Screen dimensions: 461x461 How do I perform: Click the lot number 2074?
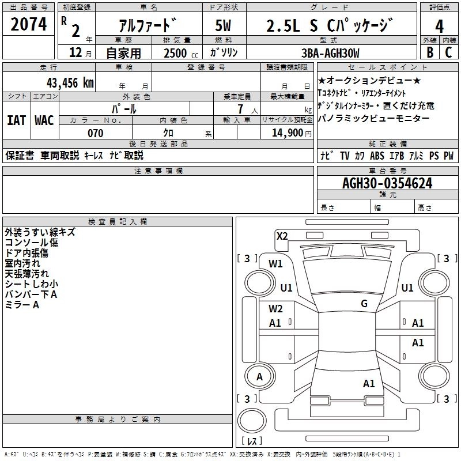[29, 25]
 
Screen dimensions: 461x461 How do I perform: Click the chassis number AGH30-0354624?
[387, 184]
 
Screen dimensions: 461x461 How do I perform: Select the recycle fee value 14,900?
[286, 133]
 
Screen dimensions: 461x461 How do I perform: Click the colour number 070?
[95, 133]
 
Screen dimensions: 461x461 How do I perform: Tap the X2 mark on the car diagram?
[282, 236]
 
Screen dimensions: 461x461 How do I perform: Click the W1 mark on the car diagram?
[276, 264]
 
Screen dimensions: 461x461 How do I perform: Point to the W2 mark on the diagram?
[275, 309]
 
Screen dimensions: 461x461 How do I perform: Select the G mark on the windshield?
[364, 304]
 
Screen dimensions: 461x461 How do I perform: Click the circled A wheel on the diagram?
[260, 377]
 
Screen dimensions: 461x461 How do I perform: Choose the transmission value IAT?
[16, 120]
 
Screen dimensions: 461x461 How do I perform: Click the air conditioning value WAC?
[44, 120]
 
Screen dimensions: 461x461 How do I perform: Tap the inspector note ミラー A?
[22, 305]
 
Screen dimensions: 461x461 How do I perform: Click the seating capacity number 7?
[238, 108]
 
